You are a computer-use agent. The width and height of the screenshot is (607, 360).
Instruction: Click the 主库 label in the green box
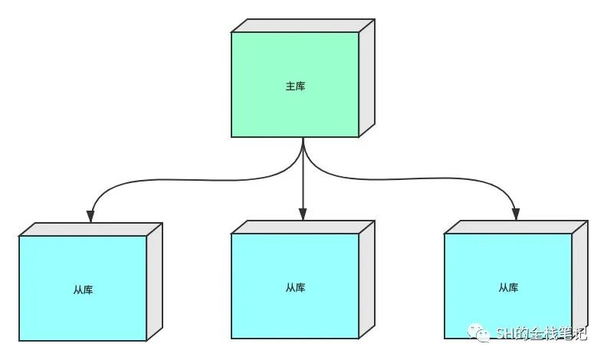(295, 87)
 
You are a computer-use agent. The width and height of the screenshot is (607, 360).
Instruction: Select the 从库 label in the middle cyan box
(295, 288)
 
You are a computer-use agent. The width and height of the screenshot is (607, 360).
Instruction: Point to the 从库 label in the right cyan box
(508, 288)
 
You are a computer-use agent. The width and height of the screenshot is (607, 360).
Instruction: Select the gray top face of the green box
(303, 25)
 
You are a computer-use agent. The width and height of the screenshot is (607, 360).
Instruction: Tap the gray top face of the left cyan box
(90, 229)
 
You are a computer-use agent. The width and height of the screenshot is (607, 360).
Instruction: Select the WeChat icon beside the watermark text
(483, 332)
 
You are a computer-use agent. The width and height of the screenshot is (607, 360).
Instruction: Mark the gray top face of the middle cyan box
(303, 227)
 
